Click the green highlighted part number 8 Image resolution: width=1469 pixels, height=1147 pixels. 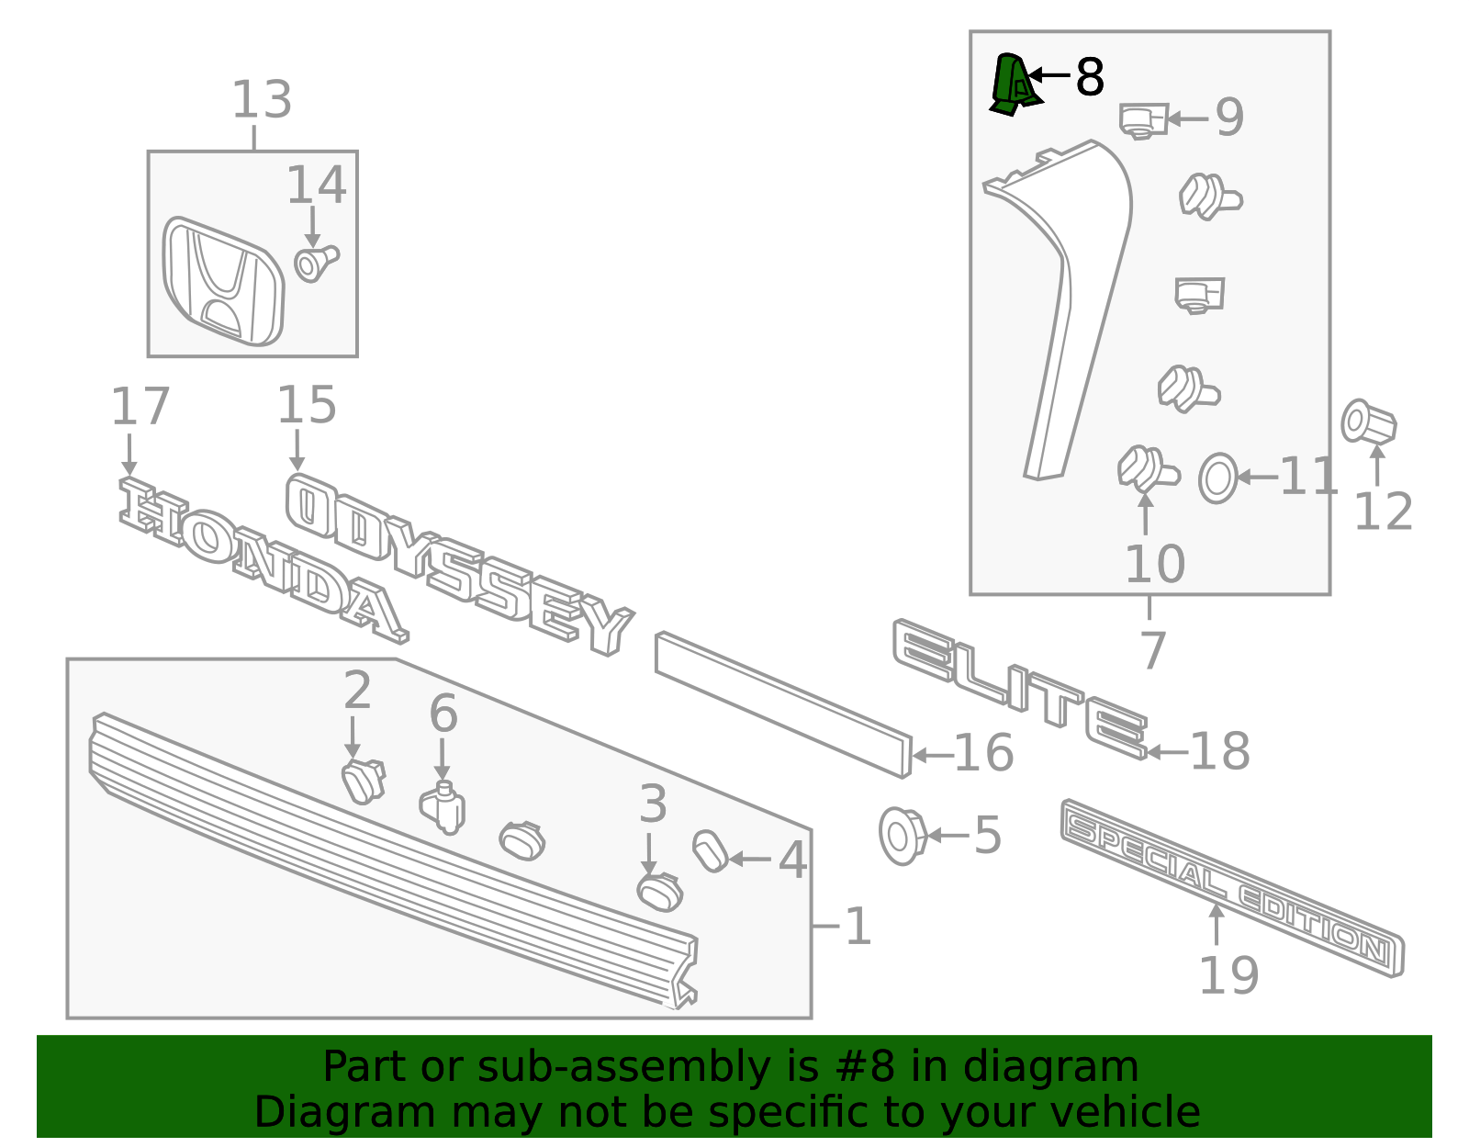pos(1014,84)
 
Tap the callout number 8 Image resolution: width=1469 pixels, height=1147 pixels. pos(1089,77)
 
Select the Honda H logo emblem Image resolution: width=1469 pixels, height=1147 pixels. pos(224,282)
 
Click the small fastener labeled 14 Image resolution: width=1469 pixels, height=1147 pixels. pos(315,263)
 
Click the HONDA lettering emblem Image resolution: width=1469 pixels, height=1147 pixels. pos(262,560)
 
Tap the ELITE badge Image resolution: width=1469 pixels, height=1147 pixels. pos(1019,689)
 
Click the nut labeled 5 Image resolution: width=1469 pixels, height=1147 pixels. pos(902,835)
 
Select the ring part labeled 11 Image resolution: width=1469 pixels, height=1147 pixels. pos(1218,478)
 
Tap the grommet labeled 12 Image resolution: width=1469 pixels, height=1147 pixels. pos(1368,423)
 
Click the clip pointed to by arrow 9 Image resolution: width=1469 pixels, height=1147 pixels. pos(1142,120)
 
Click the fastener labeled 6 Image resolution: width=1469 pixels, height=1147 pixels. pos(443,808)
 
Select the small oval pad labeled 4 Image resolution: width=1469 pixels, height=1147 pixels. pos(710,850)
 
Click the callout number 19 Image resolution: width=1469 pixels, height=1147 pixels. pos(1228,975)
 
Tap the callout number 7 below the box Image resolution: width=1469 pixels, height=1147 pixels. pos(1152,650)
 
